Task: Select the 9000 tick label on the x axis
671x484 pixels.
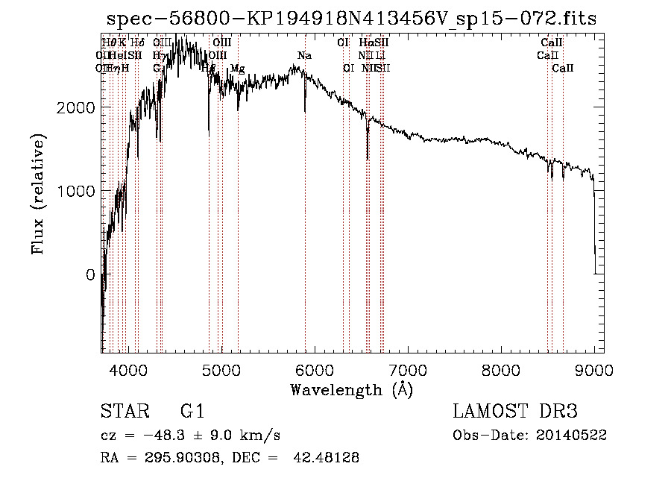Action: pos(593,371)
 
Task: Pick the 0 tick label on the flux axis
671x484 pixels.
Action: pos(90,274)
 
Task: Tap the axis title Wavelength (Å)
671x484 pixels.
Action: pos(351,389)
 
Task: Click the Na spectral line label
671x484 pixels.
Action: pos(304,56)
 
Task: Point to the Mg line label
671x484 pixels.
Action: pos(237,69)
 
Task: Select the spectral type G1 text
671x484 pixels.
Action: pos(192,412)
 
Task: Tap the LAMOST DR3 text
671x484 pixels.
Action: pos(514,412)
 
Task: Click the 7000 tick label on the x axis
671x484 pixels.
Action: pos(407,371)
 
